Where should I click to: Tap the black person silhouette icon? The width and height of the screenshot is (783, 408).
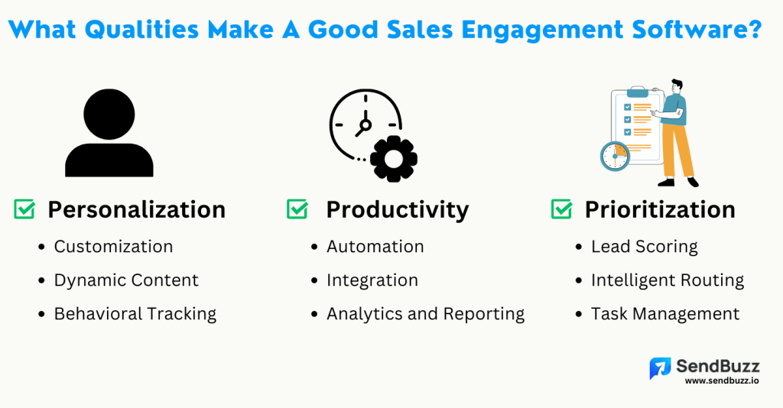click(109, 134)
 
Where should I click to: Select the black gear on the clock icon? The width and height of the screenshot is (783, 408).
click(393, 158)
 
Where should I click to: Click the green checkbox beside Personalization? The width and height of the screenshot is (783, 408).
click(24, 209)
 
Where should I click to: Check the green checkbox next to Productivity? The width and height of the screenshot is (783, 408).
click(297, 209)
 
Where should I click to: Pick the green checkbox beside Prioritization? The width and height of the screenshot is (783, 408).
click(561, 209)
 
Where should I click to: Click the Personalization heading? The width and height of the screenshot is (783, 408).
click(136, 209)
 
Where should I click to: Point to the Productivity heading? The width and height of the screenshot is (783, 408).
click(397, 209)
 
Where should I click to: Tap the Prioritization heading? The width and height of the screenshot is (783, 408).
click(660, 209)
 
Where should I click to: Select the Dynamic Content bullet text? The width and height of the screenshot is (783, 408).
click(126, 280)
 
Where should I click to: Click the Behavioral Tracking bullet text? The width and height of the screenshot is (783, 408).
click(135, 314)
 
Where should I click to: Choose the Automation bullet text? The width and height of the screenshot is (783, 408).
click(375, 247)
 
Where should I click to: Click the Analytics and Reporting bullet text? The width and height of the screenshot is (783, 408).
click(425, 314)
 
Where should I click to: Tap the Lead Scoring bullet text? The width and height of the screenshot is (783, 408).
click(645, 247)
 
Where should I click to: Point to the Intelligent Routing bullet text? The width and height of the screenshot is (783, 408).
click(668, 280)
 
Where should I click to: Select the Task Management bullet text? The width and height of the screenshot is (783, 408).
click(665, 314)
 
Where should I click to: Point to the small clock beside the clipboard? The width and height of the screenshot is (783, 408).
click(614, 156)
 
